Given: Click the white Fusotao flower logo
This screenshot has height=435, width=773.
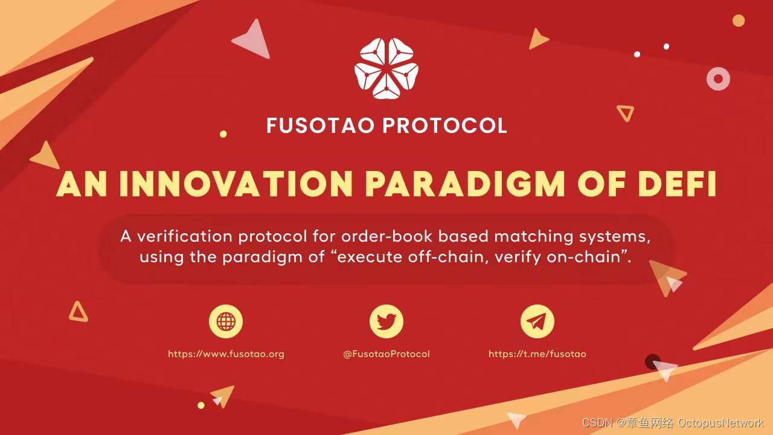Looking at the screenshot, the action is (x=386, y=68).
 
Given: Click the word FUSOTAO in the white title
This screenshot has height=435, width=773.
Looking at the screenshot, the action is (x=320, y=126).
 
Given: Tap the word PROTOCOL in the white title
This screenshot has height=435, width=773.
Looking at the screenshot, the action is (x=445, y=126).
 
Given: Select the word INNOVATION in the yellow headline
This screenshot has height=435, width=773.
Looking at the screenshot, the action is (x=236, y=184).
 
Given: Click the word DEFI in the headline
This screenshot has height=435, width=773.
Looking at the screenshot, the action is (x=678, y=184).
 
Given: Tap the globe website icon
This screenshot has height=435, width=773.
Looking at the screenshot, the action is (x=226, y=321).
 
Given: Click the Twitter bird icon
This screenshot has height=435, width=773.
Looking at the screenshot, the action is (x=386, y=321).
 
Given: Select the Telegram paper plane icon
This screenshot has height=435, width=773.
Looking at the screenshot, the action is (x=537, y=321).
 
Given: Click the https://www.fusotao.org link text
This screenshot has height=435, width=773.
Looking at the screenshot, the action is (x=226, y=354).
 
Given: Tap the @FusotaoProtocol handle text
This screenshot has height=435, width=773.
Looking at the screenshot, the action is (x=386, y=354).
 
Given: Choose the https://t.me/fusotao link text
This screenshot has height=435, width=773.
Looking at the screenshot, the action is (x=537, y=354).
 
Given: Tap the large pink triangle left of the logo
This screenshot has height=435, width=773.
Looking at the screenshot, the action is (x=254, y=40).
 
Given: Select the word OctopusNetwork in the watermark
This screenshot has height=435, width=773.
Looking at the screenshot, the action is (x=720, y=423).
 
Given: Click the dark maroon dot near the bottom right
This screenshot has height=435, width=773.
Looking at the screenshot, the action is (x=653, y=361).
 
